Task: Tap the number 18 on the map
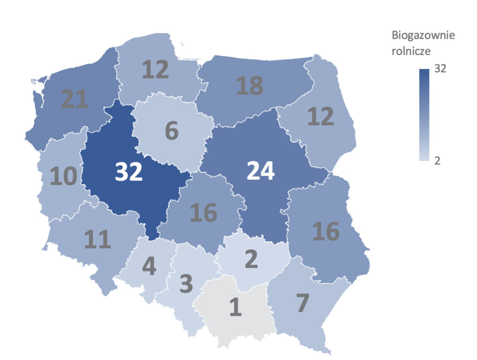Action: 250,86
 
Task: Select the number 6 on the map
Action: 172,131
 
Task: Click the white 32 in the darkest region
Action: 129,171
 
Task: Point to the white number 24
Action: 261,171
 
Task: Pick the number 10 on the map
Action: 63,177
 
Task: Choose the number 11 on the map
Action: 97,239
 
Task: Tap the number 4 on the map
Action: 149,265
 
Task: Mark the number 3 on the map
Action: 186,284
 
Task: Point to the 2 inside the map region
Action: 251,259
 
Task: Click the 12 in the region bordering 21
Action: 155,70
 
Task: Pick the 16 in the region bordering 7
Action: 326,231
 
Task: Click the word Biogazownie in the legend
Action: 423,35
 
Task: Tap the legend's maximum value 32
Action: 440,69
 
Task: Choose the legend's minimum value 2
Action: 437,161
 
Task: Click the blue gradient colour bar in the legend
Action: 424,115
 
